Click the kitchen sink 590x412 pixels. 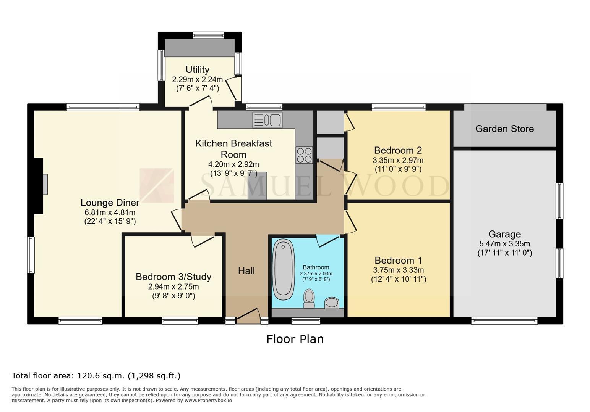point(267,120)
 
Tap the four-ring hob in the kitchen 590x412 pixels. point(304,155)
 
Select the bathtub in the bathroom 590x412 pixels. point(283,269)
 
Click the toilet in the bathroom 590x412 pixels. point(309,298)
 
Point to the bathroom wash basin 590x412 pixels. point(332,303)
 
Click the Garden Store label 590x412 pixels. point(504,129)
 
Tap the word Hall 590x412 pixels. point(246,270)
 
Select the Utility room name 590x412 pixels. point(198,69)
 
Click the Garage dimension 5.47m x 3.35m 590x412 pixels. point(504,244)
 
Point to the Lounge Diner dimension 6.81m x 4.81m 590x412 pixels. point(110,212)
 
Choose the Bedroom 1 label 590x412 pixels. point(398,260)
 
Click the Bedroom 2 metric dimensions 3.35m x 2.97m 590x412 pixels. point(398,160)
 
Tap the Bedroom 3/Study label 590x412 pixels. point(173,277)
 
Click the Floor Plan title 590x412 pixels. point(295,339)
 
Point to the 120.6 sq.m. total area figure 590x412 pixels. point(100,376)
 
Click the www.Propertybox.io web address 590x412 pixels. point(208,401)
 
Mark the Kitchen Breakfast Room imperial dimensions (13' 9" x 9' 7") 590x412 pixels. point(233,174)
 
